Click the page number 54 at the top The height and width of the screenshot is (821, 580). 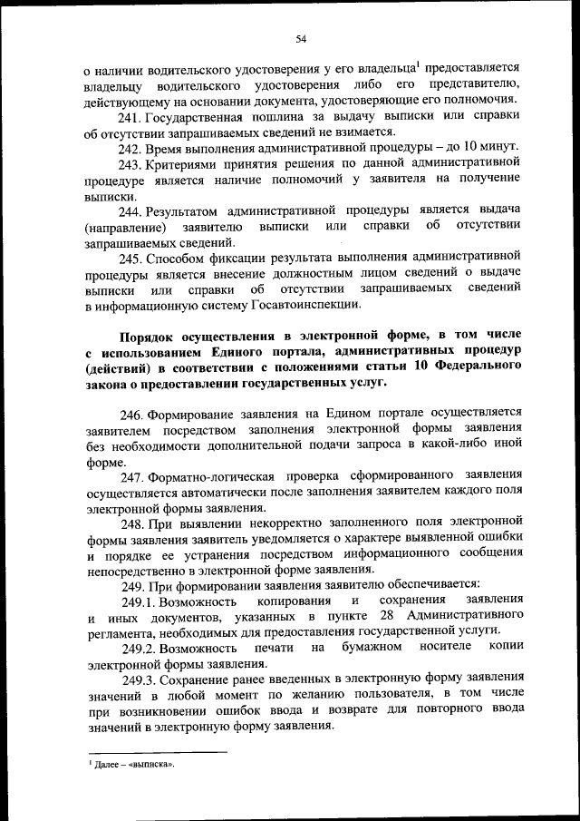(302, 38)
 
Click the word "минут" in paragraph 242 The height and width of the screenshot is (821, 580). (498, 148)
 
